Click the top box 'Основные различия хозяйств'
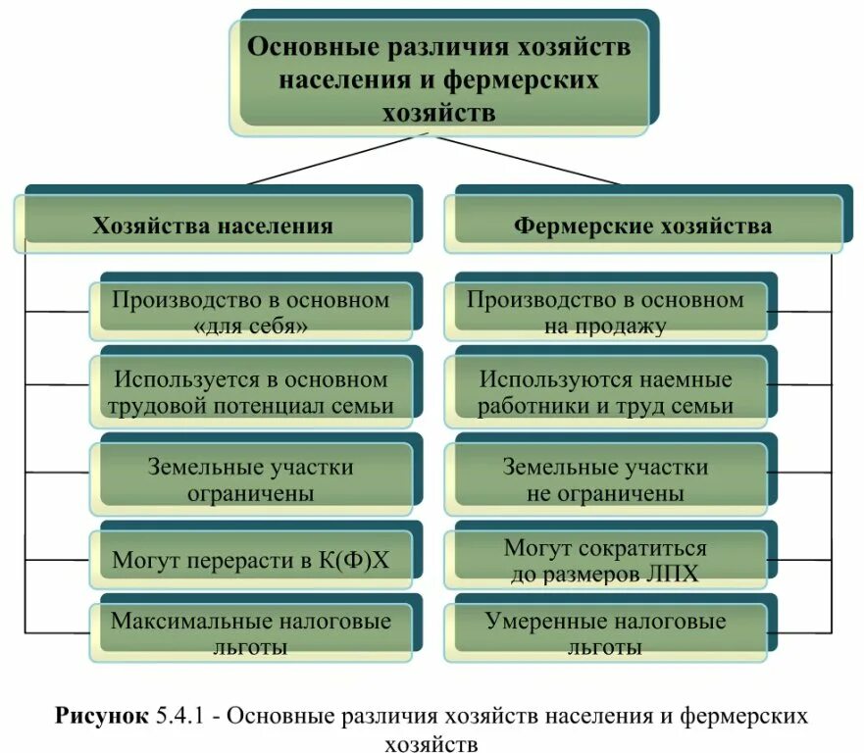pyautogui.click(x=438, y=78)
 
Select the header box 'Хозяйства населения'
pyautogui.click(x=213, y=226)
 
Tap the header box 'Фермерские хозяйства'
pyautogui.click(x=642, y=226)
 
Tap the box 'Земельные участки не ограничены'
pyautogui.click(x=605, y=480)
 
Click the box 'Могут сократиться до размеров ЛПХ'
pyautogui.click(x=605, y=561)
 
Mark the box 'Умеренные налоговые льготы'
pyautogui.click(x=605, y=633)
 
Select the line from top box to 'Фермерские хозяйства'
pyautogui.click(x=530, y=161)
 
